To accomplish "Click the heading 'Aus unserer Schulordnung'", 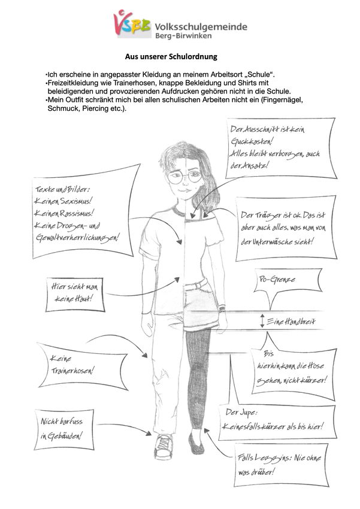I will (171, 57).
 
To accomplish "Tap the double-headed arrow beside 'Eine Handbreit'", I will (262, 321).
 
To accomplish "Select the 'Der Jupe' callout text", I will (273, 420).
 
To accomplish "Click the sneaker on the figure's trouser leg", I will (164, 444).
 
